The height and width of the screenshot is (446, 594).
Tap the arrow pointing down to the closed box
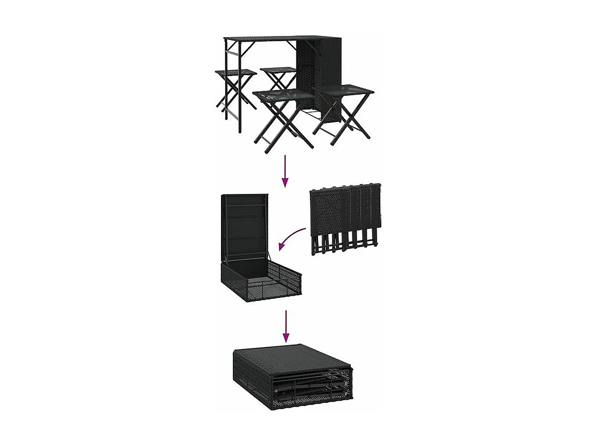pyautogui.click(x=286, y=327)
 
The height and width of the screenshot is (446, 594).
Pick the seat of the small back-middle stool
pyautogui.click(x=278, y=70)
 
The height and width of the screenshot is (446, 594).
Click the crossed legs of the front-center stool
pyautogui.click(x=283, y=123)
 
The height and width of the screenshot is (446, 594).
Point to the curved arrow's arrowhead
pyautogui.click(x=283, y=246)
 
